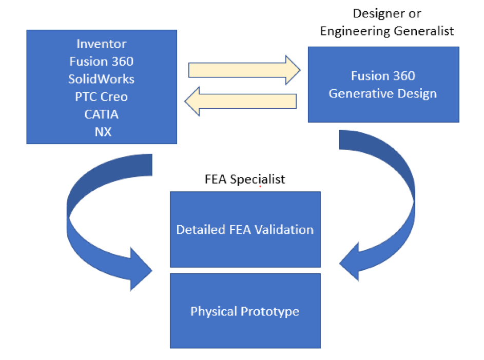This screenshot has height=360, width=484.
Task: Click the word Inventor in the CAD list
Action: pos(102,44)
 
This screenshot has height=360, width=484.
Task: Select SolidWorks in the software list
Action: pos(102,79)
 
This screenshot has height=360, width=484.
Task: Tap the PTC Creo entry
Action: pos(102,97)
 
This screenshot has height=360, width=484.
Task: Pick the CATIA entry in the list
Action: pos(102,114)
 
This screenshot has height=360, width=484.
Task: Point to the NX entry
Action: pos(102,132)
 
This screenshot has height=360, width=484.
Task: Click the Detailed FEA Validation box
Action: pos(245,229)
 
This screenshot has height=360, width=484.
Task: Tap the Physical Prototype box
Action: pos(245,311)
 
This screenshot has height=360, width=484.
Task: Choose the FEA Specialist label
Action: pos(245,179)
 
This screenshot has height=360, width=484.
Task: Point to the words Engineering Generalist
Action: pos(387,31)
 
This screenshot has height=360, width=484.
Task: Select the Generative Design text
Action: pos(383,94)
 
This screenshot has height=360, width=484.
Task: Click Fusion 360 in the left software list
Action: pos(102,62)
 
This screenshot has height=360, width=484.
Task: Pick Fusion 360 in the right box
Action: pos(383,76)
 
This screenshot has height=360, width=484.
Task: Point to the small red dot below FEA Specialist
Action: pos(260,187)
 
